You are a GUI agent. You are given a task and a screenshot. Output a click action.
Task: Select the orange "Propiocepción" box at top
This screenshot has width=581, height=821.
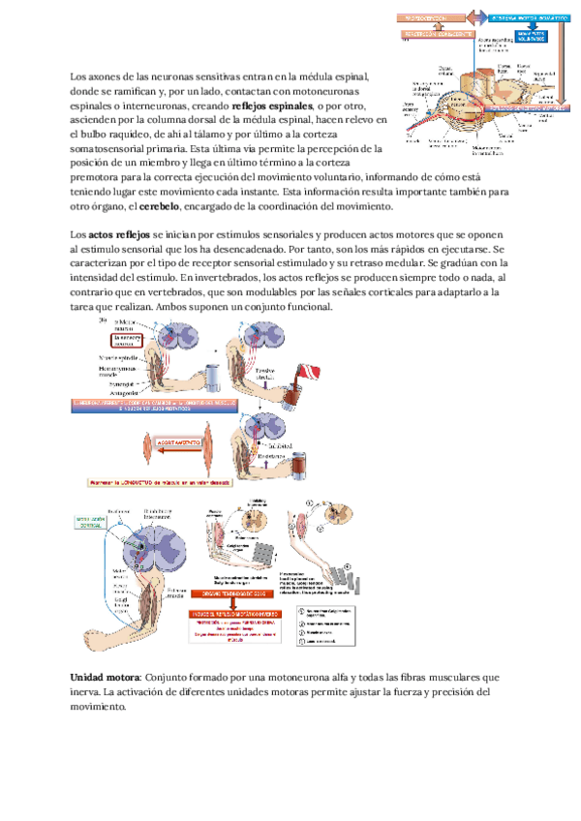click(x=428, y=18)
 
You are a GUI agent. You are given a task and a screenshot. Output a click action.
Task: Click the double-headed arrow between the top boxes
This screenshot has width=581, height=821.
click(x=476, y=18)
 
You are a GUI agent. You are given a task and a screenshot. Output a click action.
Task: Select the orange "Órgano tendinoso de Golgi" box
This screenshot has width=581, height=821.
click(x=254, y=593)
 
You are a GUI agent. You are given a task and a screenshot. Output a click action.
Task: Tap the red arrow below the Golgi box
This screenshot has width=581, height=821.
click(x=254, y=603)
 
